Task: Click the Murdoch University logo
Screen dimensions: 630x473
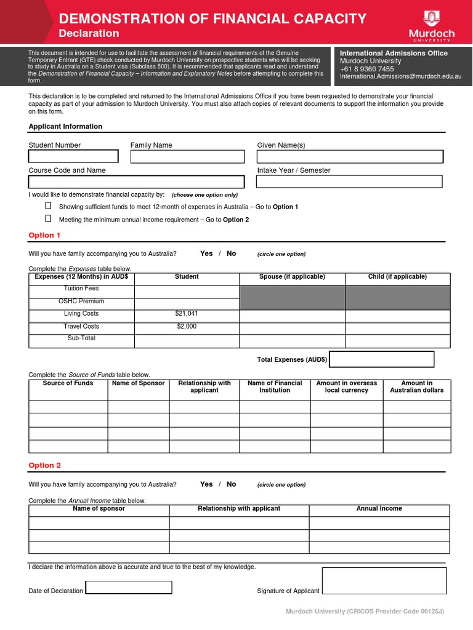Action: coord(431,25)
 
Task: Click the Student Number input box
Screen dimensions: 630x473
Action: coord(73,156)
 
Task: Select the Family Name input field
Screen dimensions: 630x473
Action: coord(187,156)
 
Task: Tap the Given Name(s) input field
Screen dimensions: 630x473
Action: coord(349,156)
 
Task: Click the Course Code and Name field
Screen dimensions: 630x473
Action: coord(136,182)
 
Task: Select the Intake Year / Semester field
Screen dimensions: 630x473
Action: coord(349,181)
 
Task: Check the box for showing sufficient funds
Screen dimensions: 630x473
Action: coord(49,206)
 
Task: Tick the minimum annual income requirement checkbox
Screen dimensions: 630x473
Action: coord(49,218)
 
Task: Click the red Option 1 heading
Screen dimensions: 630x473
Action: coord(45,235)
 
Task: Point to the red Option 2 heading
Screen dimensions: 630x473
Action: coord(45,466)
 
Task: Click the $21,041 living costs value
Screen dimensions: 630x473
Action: coord(187,314)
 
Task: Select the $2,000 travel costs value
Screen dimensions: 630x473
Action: coord(187,327)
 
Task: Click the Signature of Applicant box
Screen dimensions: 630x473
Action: coord(384,581)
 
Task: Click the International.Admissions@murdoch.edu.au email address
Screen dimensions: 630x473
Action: coord(401,77)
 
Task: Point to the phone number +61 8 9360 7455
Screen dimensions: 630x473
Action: coord(366,69)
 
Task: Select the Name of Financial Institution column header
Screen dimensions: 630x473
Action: coord(275,386)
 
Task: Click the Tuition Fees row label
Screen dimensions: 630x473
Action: coord(81,289)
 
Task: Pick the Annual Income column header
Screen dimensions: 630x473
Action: coord(379,509)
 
